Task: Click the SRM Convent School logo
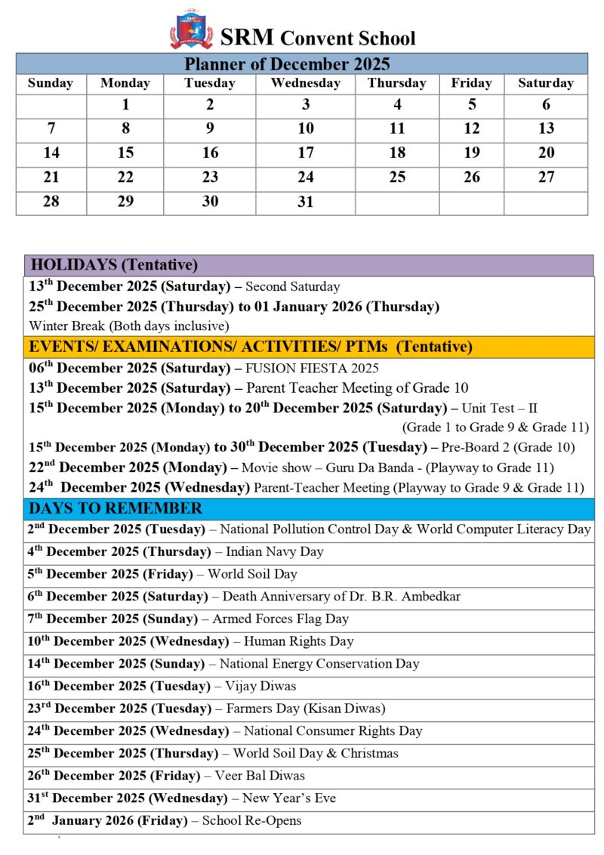pos(190,30)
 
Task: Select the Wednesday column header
pos(305,83)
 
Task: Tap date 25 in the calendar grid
pos(397,177)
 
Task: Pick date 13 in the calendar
pos(546,129)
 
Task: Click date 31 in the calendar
pos(305,202)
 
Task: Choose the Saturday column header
pos(545,83)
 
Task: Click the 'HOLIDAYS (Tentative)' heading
pos(113,265)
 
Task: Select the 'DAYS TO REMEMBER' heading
pos(116,508)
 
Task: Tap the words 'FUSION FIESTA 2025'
pos(312,369)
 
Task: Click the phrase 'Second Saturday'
pos(292,287)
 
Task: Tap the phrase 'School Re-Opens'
pos(253,821)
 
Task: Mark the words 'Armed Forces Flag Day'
pos(280,619)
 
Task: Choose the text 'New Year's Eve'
pos(289,798)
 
